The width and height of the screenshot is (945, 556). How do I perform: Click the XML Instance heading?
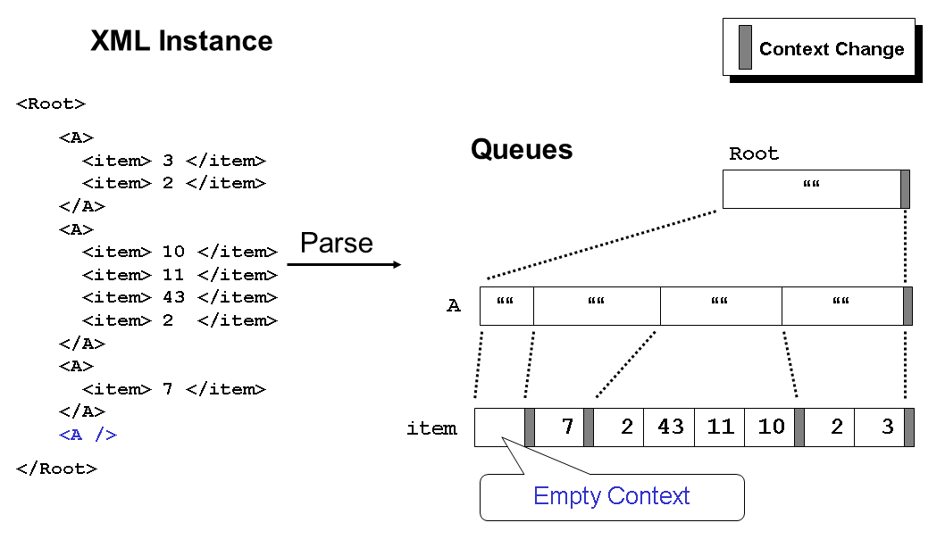[181, 41]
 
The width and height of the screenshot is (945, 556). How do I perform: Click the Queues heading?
[522, 149]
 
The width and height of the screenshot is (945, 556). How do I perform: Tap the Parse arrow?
[344, 264]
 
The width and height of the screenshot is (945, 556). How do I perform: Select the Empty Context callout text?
[611, 496]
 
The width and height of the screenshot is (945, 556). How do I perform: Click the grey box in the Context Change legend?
[745, 47]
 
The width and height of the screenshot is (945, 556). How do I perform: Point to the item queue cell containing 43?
[670, 427]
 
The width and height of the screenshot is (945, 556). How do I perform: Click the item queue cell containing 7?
[560, 427]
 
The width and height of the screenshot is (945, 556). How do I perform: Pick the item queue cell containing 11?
[720, 427]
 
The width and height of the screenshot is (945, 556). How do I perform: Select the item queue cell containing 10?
[770, 427]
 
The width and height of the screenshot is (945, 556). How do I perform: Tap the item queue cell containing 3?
[881, 427]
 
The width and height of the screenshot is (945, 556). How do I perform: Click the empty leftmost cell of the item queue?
[499, 427]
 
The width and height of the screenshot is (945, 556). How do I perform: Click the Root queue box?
[811, 188]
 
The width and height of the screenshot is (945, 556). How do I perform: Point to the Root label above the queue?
[754, 154]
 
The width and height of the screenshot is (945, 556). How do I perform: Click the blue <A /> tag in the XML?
[88, 435]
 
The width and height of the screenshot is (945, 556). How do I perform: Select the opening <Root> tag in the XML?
[51, 104]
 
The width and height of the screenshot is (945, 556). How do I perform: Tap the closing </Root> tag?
[56, 469]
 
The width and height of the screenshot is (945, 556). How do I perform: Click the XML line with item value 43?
[180, 297]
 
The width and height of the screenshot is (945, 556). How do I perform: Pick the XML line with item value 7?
[174, 389]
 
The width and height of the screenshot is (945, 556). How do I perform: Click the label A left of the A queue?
[454, 306]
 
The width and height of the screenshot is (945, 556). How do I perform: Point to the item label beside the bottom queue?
[431, 428]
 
